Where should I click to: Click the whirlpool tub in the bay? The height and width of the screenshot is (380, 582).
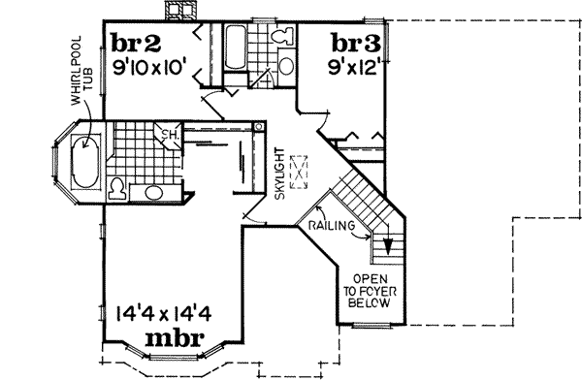(x=81, y=163)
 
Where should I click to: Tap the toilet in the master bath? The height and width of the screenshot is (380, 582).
(x=115, y=188)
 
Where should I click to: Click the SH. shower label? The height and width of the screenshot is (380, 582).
(x=167, y=134)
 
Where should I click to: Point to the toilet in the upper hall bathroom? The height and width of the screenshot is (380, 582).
(x=281, y=38)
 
